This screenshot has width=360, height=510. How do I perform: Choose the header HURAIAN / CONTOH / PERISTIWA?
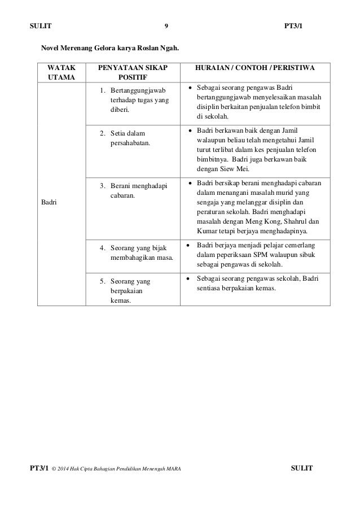point(255,68)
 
